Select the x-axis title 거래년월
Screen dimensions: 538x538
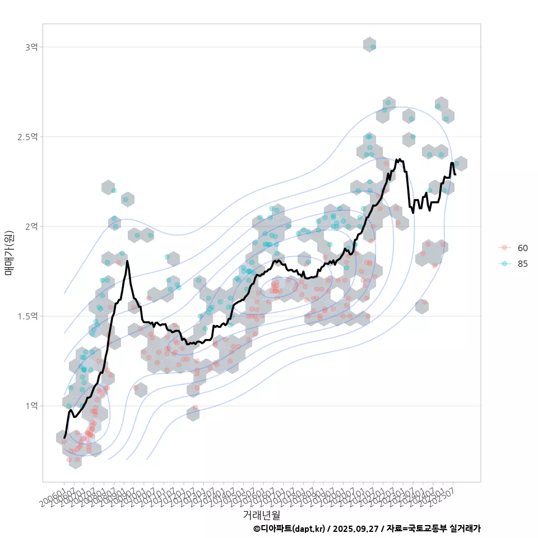[261, 514]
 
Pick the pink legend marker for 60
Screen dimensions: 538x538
[504, 248]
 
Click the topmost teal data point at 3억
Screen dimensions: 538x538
[373, 47]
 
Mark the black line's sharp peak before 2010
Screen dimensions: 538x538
[127, 261]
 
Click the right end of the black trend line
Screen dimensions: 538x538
[455, 174]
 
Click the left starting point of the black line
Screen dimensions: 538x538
[64, 438]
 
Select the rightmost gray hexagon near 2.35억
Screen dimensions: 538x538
[460, 164]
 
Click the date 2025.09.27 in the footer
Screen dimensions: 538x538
[355, 528]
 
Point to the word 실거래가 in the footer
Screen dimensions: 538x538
[465, 528]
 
